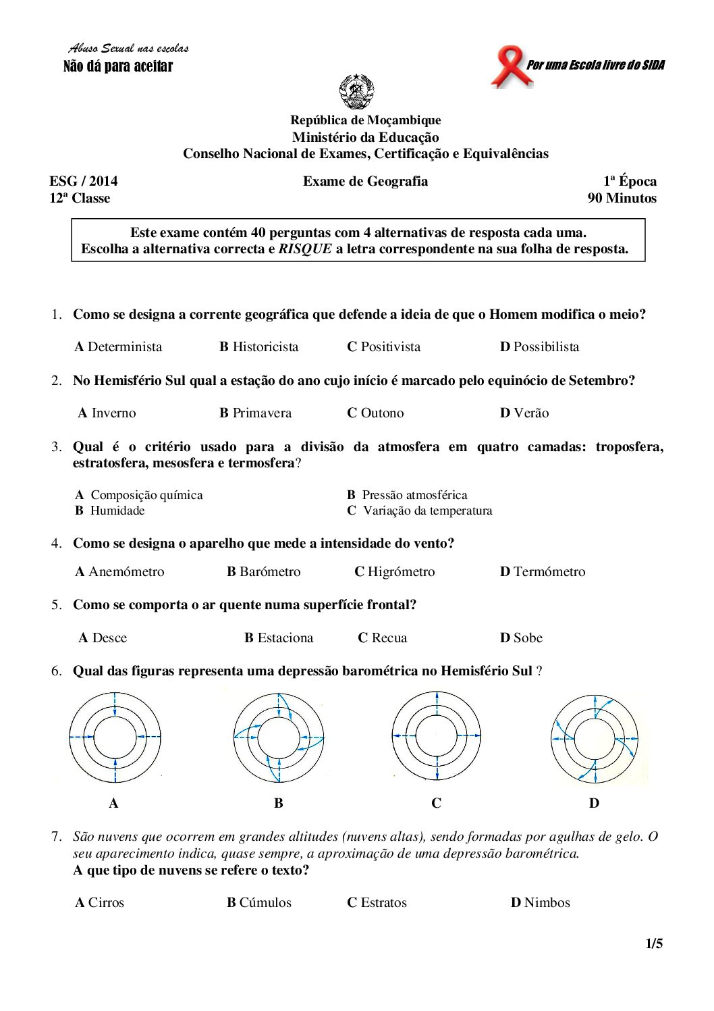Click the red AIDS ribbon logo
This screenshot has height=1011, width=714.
point(510,66)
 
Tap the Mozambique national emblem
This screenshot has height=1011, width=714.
point(356,92)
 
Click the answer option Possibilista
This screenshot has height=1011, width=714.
point(539,347)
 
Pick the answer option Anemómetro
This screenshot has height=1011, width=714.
point(119,572)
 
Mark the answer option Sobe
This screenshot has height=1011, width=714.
point(521,638)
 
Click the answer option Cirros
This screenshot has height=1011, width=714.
point(100,903)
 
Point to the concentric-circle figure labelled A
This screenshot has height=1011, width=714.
point(115,737)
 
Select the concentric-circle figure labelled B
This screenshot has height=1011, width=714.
point(279,737)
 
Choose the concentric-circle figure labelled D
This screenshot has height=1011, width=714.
point(595,739)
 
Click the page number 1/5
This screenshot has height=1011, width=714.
point(654,944)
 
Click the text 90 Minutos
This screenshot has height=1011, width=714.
point(622,199)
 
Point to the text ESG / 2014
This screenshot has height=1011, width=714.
point(84,182)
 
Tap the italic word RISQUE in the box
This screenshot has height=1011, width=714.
point(305,249)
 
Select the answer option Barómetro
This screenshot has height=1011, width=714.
point(264,572)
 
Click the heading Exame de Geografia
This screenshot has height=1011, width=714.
point(365,182)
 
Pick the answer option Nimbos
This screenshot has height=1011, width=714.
point(541,903)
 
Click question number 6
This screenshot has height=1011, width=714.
point(56,671)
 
